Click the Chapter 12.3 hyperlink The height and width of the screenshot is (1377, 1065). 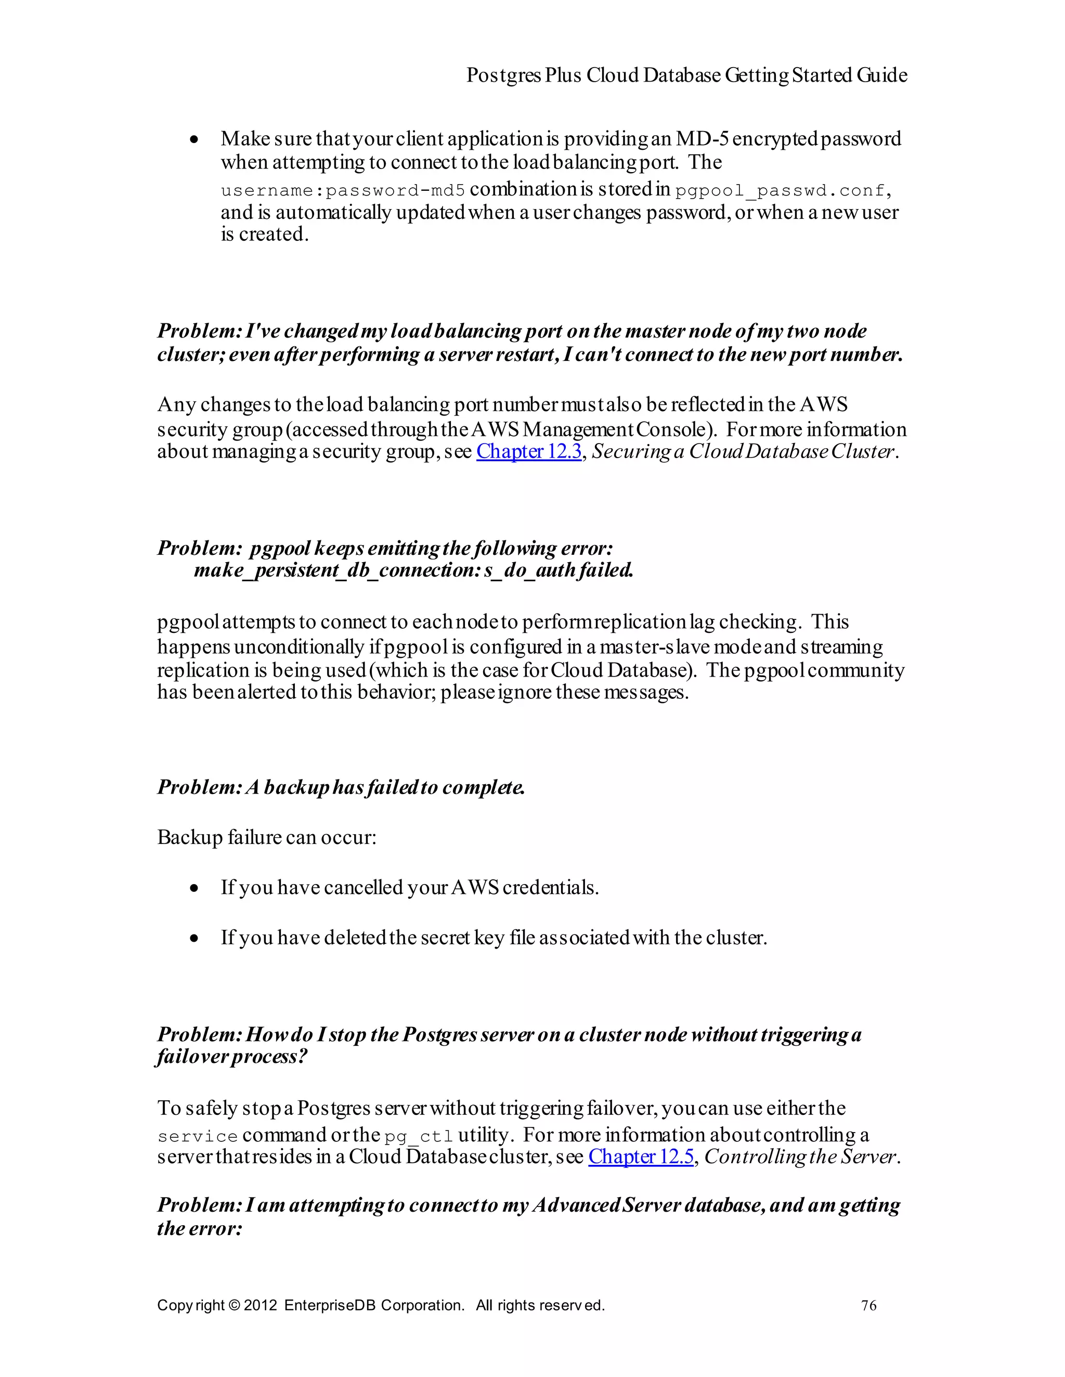pos(528,451)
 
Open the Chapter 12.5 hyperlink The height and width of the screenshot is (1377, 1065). pos(641,1157)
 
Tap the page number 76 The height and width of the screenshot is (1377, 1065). pos(868,1305)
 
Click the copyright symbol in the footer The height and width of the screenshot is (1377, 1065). pos(233,1305)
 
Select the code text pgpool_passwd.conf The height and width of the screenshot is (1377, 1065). pos(780,190)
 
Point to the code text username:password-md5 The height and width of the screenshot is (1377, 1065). pos(342,190)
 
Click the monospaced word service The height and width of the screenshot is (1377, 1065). pos(198,1136)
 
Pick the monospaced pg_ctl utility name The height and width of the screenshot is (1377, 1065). pos(419,1136)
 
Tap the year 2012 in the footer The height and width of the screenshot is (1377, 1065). pos(260,1305)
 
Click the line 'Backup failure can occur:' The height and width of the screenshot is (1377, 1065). pos(266,837)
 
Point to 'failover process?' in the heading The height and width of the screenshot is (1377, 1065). pos(231,1056)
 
